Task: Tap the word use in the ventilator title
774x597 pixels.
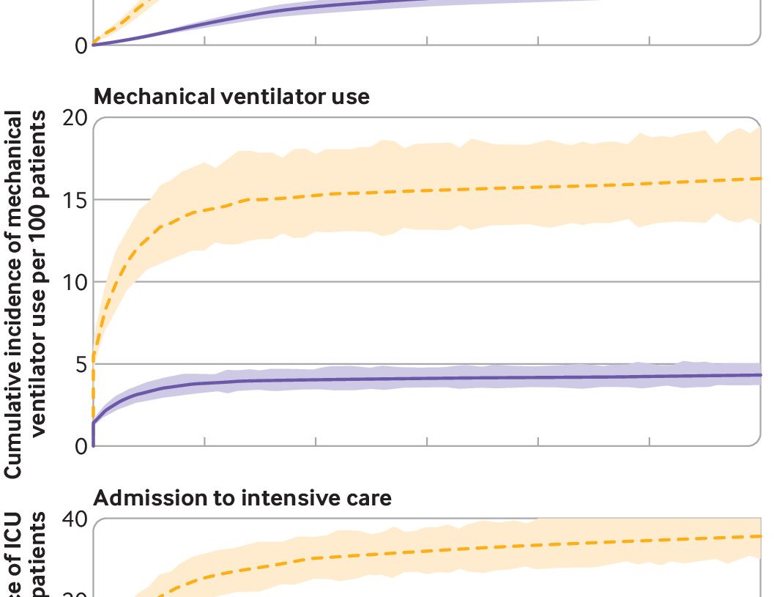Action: [x=353, y=97]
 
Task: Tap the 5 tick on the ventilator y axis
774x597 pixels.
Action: [x=79, y=364]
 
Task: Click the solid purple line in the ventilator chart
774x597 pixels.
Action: [x=439, y=378]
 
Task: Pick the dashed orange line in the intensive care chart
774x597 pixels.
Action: [x=439, y=549]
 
